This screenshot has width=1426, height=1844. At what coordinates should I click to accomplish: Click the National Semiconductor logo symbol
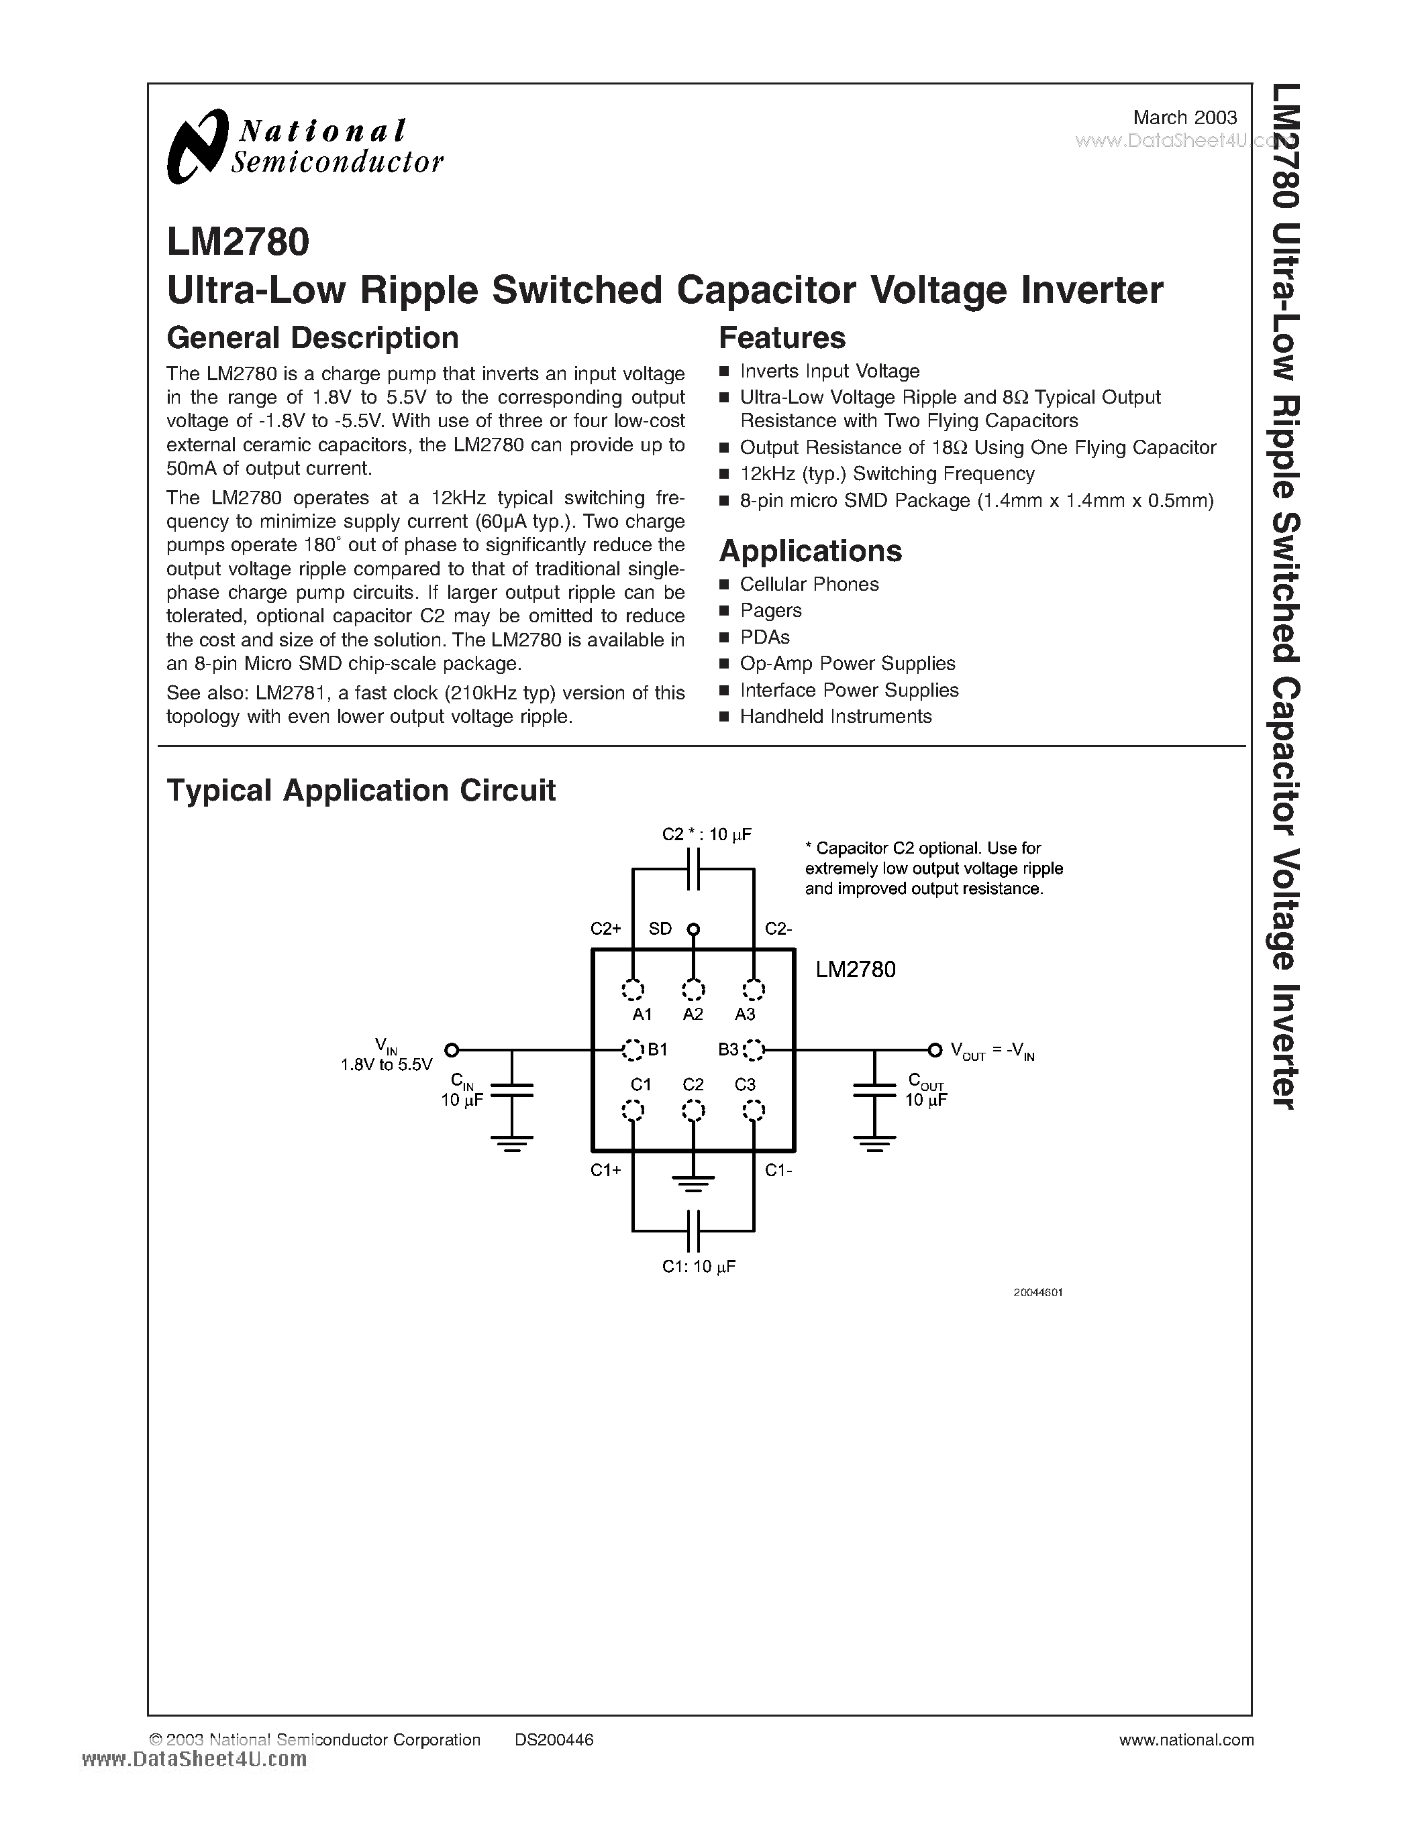point(198,146)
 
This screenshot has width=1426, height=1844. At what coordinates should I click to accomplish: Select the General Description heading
point(313,338)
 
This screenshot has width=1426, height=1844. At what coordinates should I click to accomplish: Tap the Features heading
point(781,338)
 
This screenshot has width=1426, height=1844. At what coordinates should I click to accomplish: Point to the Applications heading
point(810,551)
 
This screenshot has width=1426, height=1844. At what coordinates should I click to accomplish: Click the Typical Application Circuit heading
point(361,791)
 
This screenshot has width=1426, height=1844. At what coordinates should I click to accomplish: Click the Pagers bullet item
point(770,610)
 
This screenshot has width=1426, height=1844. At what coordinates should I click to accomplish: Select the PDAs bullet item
point(764,636)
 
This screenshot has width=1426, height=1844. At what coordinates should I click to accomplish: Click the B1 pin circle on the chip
point(632,1049)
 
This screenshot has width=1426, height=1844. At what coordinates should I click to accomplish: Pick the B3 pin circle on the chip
point(754,1049)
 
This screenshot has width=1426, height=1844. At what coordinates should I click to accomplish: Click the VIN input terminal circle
point(452,1049)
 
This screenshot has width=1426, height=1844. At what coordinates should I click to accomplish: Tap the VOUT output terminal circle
point(934,1049)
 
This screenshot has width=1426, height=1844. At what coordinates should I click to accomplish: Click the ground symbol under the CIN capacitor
point(512,1145)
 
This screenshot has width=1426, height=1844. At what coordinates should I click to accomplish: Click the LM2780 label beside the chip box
point(855,970)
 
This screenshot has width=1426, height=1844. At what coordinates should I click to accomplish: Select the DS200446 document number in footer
point(554,1739)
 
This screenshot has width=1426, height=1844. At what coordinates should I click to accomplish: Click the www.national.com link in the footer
point(1186,1739)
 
